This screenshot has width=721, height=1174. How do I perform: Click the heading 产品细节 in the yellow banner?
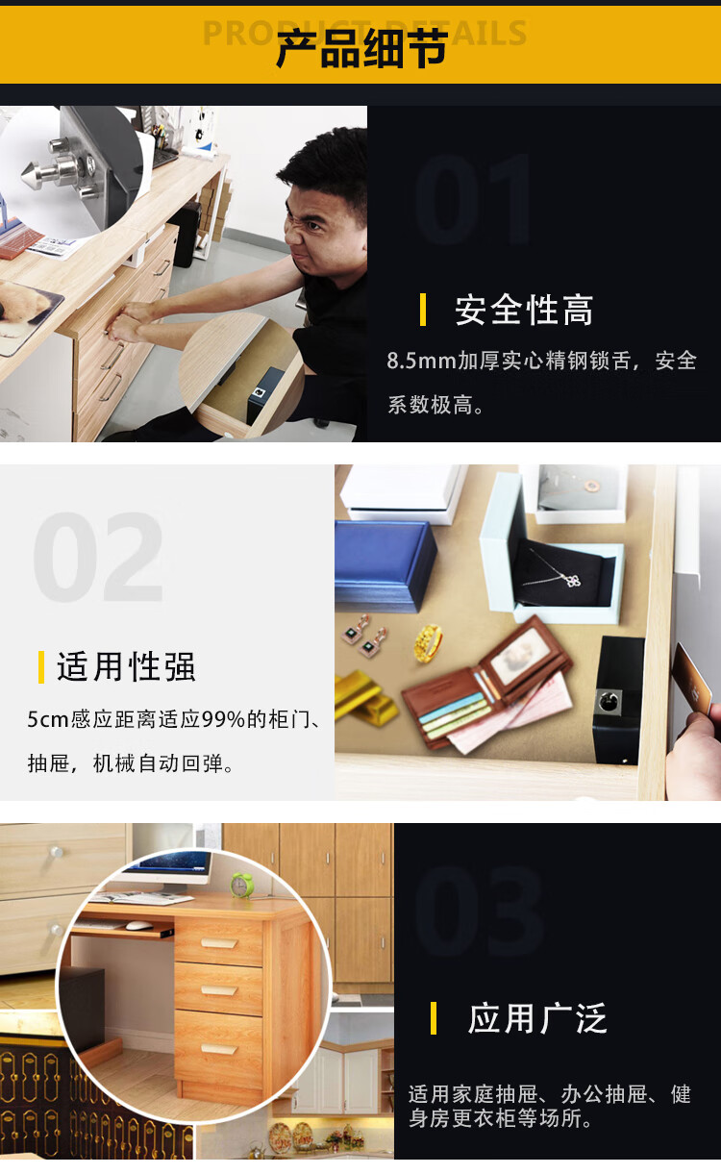[361, 49]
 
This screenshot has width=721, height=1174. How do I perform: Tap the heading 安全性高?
[524, 311]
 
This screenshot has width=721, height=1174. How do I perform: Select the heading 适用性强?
[126, 667]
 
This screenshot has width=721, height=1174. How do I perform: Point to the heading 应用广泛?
[537, 1019]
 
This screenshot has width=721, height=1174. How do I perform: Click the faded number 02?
[98, 557]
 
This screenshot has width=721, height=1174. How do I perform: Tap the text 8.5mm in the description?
[422, 362]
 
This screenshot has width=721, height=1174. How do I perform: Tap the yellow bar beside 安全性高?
[423, 310]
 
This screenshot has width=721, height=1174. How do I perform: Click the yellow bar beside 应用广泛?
[434, 1018]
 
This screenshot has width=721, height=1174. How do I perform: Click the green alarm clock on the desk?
[242, 885]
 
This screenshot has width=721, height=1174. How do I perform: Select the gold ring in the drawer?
[429, 642]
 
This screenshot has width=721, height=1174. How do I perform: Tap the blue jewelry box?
[385, 565]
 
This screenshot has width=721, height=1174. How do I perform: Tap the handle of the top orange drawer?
[219, 943]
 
